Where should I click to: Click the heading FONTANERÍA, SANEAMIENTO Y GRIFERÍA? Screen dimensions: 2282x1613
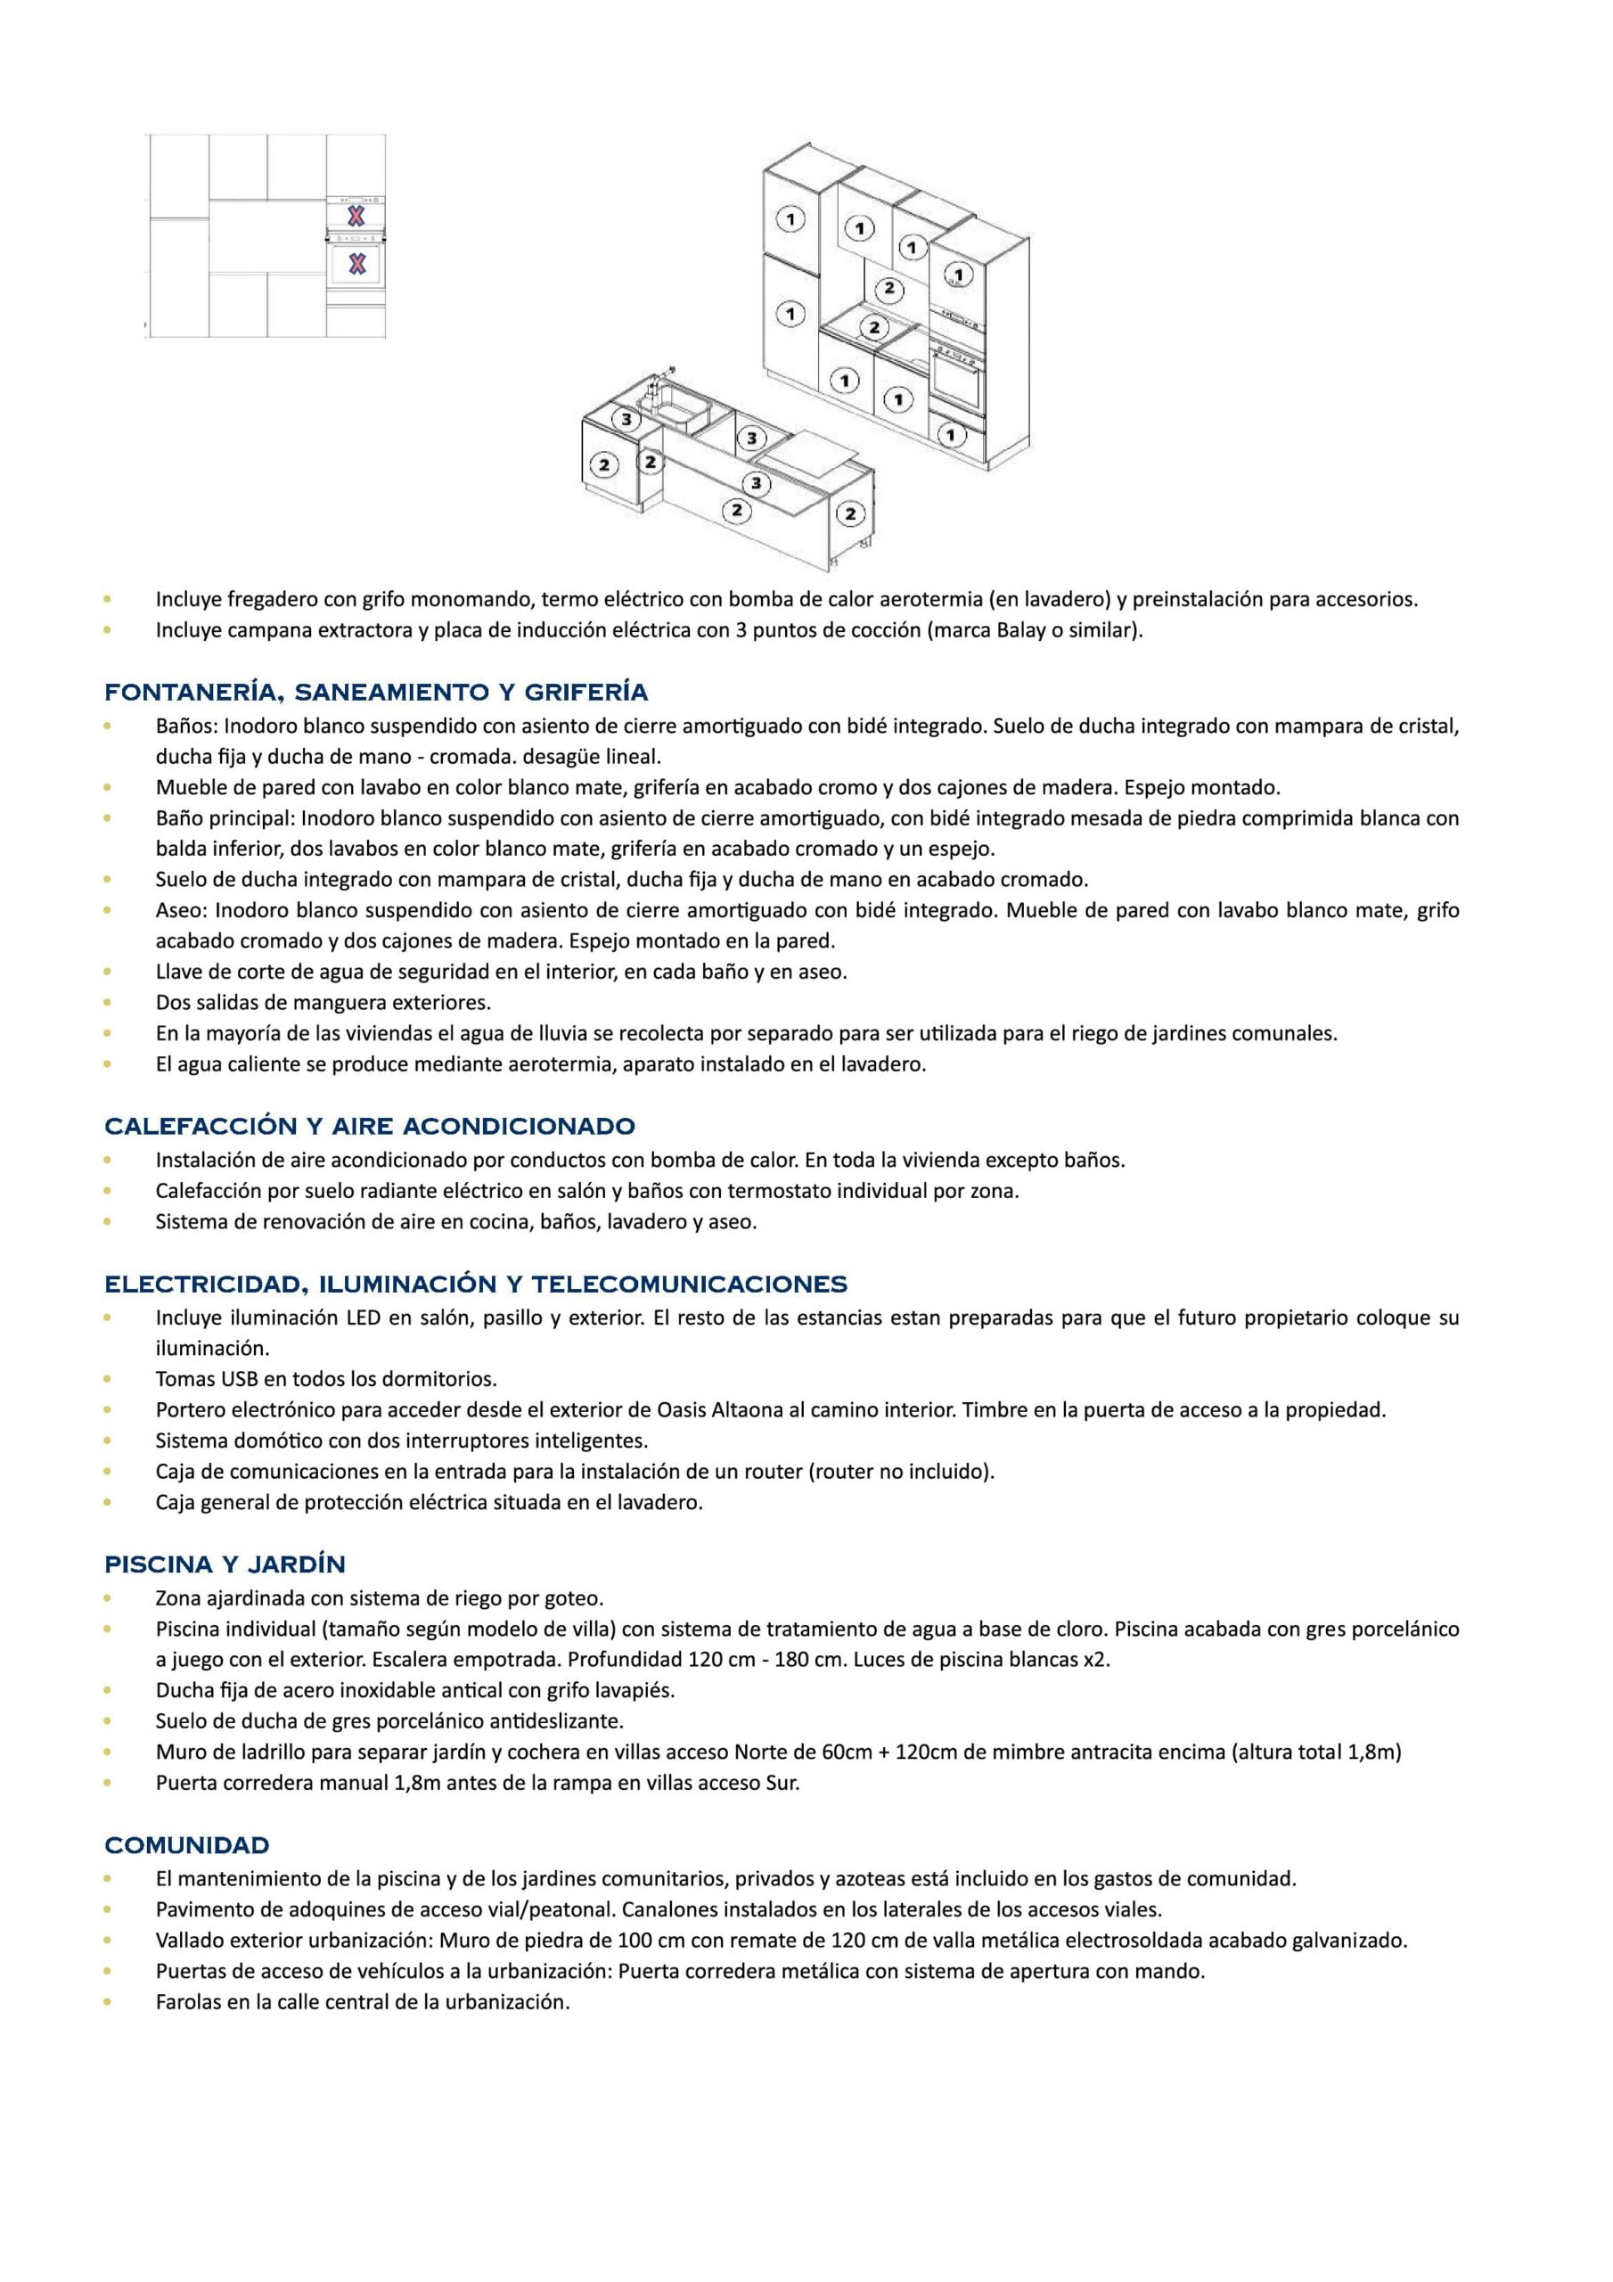tap(376, 692)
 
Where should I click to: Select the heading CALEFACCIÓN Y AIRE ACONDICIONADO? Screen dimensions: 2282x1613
tap(370, 1126)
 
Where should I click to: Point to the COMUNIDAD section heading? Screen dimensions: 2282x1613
tap(187, 1846)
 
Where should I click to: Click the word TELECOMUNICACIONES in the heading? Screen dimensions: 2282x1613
tap(689, 1285)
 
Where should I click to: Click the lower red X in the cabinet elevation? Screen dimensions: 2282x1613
tap(356, 263)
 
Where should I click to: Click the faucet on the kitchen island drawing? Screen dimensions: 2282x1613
tap(657, 384)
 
